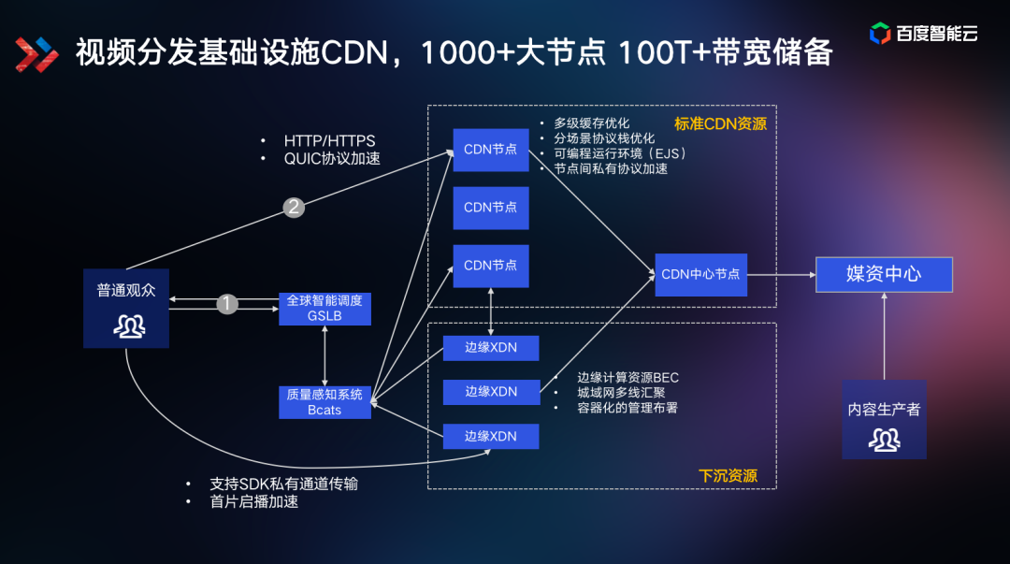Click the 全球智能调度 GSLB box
[325, 309]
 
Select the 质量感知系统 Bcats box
[325, 402]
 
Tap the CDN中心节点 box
[700, 274]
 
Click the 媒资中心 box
[884, 274]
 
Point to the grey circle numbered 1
[227, 304]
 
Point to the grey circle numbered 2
[294, 208]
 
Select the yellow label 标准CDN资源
[720, 123]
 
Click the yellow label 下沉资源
[728, 475]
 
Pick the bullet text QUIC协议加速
[332, 158]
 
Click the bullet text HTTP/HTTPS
[329, 141]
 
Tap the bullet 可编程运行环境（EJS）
[619, 153]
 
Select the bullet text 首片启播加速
[254, 501]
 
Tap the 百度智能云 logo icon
[880, 34]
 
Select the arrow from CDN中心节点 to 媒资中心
[781, 274]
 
